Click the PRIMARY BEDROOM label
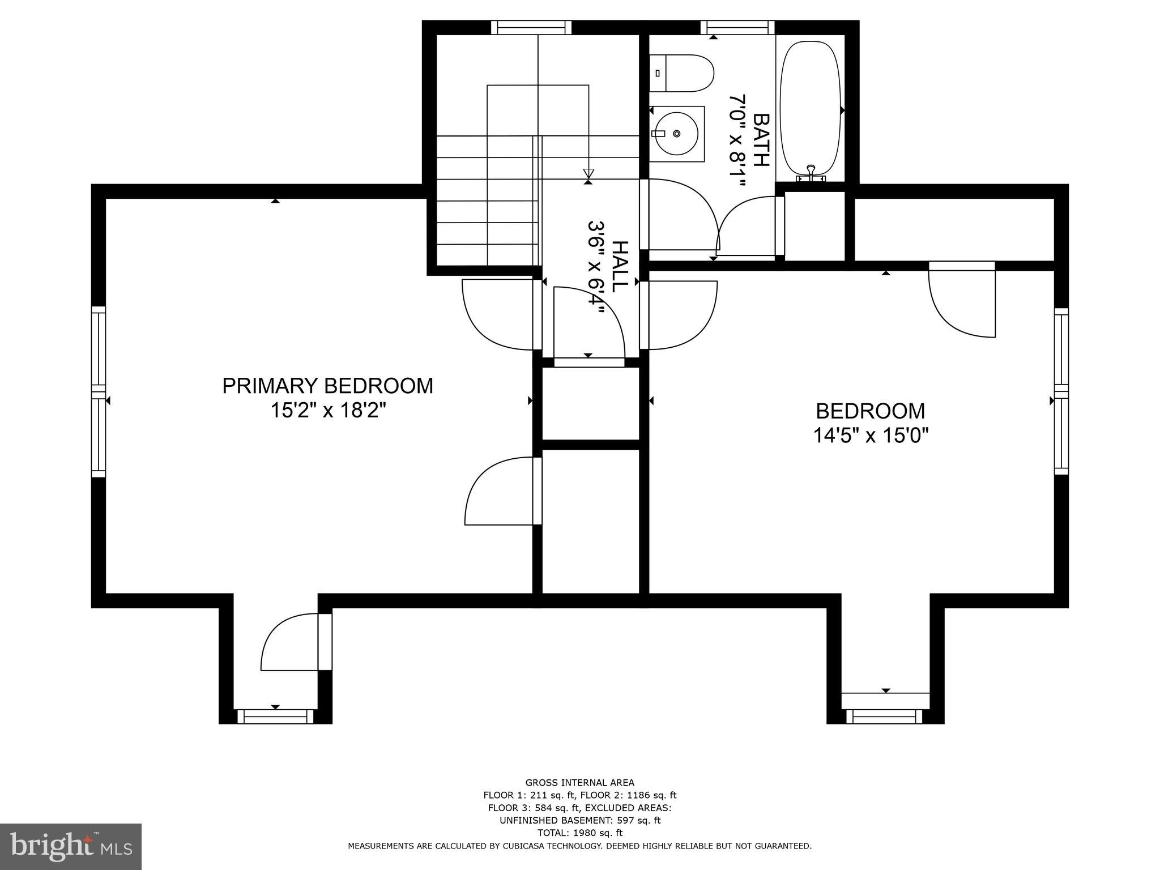(327, 386)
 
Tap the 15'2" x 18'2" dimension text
(327, 410)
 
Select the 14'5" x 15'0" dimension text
(871, 435)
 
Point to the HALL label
(620, 266)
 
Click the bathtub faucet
(811, 172)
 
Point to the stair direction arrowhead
(588, 173)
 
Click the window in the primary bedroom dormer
(275, 717)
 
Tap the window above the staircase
(531, 27)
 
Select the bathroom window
(737, 27)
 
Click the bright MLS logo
(71, 846)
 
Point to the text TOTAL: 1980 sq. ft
(579, 833)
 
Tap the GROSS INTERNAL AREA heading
(579, 783)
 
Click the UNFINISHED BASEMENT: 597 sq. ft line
(579, 820)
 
